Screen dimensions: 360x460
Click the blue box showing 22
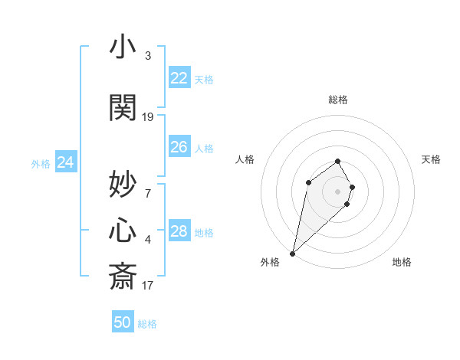179,78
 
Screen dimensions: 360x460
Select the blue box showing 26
179,147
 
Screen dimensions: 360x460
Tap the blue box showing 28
179,231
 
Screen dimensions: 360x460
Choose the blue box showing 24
65,162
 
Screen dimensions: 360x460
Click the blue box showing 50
123,322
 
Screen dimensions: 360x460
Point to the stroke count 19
148,116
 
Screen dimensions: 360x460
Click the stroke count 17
148,286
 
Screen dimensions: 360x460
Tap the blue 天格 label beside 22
204,79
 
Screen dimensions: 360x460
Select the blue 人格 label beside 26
204,148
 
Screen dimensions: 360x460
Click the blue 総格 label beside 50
147,323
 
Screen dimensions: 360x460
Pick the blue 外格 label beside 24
41,163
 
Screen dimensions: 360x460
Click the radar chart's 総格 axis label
337,100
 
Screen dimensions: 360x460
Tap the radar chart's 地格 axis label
402,262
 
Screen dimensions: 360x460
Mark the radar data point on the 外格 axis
292,254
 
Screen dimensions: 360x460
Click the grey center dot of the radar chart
337,191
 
